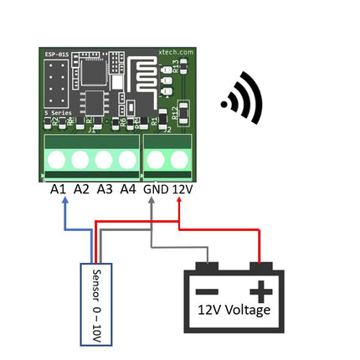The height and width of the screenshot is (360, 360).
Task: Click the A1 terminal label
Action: coord(58,190)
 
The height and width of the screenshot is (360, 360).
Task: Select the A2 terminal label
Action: coord(81,190)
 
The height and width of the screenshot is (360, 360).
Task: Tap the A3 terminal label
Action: coord(105,190)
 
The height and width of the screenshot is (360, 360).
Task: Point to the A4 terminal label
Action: coord(128,190)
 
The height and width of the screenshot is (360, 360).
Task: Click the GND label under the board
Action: coord(156,190)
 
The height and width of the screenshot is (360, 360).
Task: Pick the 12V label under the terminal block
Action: coord(183,190)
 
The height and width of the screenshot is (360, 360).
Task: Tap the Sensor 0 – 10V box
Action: coord(96,303)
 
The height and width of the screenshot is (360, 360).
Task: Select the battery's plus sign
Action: coord(262,291)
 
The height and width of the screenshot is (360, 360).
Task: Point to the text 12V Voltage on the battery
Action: coord(234,311)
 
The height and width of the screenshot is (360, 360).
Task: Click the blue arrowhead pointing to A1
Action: coord(66,204)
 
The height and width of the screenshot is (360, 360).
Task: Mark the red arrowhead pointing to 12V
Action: coord(180,204)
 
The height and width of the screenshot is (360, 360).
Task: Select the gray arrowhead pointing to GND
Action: coord(152,204)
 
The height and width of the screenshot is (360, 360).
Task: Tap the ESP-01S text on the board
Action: coord(55,60)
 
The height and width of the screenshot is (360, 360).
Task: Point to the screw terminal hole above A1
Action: coord(58,159)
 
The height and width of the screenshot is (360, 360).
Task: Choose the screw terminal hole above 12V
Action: coord(179,159)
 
